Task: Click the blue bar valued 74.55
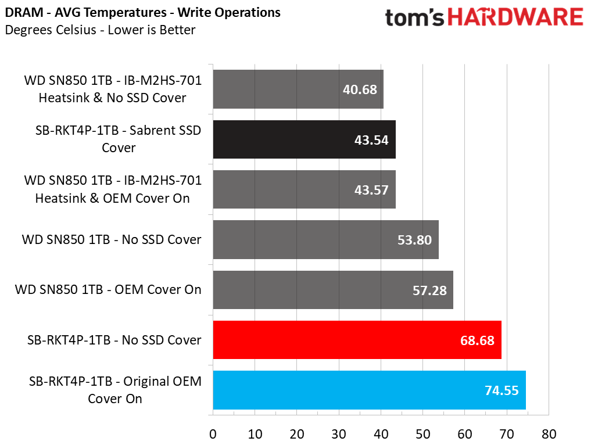tap(370, 390)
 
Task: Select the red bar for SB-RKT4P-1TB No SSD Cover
tap(357, 340)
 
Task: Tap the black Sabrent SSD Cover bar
tap(304, 139)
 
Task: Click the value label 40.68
tap(360, 89)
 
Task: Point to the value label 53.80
tap(414, 240)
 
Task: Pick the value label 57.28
tap(429, 290)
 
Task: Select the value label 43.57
tap(371, 190)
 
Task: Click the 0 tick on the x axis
tap(213, 434)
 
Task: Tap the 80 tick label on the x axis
tap(549, 434)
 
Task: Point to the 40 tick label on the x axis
tap(381, 434)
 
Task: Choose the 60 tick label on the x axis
tap(465, 434)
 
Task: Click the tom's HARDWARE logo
tap(484, 17)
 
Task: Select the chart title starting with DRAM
tap(143, 12)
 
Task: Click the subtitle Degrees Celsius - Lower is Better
tap(101, 30)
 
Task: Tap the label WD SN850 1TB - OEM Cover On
tap(108, 289)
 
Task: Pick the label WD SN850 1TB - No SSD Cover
tap(112, 239)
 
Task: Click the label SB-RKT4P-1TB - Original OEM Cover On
tap(115, 390)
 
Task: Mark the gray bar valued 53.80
tap(325, 240)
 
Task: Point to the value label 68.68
tap(477, 340)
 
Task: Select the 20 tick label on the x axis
tap(297, 434)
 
